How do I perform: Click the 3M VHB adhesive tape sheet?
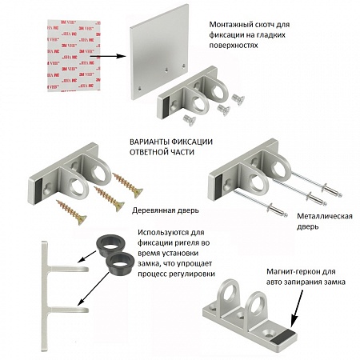coord(74,55)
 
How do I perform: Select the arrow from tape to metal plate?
coord(107,56)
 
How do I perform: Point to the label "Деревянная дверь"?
coord(166,210)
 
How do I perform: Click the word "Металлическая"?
coord(325,216)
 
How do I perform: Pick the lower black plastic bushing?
coord(120,264)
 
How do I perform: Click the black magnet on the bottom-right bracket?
coord(285,336)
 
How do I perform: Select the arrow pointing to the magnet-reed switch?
coord(297,308)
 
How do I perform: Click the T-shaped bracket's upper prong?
coord(70,269)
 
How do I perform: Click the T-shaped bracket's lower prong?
coord(69,310)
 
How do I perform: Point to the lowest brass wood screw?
coord(71,212)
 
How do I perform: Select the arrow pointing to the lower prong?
coord(94,289)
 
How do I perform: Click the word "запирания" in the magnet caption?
coord(301,282)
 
